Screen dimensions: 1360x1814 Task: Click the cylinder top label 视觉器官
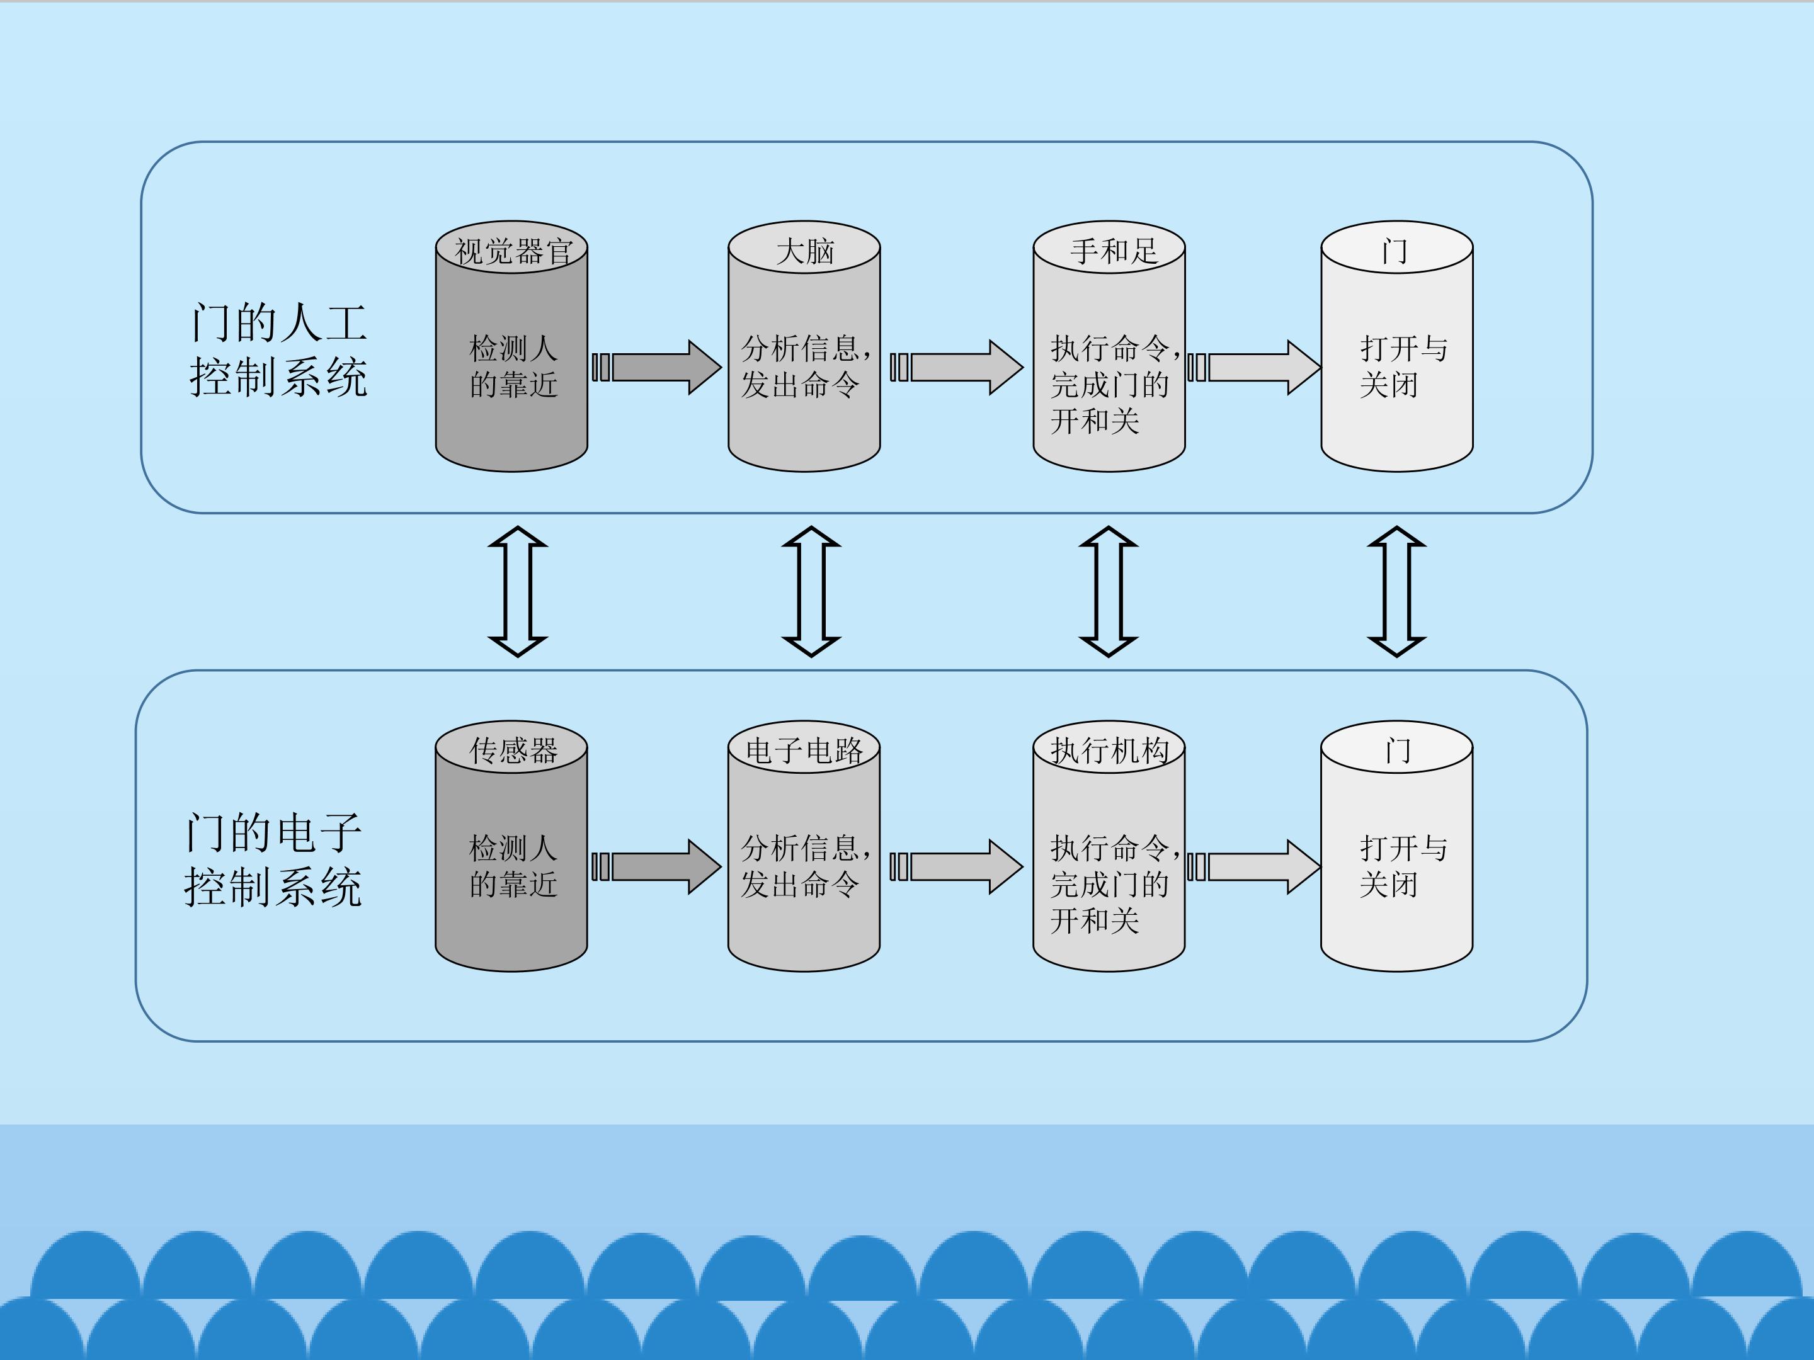pyautogui.click(x=513, y=251)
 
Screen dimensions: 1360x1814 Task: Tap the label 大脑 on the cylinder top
pyautogui.click(x=804, y=251)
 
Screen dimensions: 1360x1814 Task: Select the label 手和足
pyautogui.click(x=1112, y=251)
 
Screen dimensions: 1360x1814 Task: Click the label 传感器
pyautogui.click(x=513, y=750)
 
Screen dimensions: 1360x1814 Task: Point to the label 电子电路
pyautogui.click(x=804, y=750)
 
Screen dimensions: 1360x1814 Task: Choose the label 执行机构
pyautogui.click(x=1109, y=750)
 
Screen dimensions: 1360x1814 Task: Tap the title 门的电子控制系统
pyautogui.click(x=273, y=860)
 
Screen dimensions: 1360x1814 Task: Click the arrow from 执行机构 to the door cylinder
pyautogui.click(x=1255, y=866)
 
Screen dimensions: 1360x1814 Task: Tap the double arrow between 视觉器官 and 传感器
pyautogui.click(x=518, y=591)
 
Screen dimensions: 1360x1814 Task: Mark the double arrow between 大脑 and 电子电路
pyautogui.click(x=811, y=591)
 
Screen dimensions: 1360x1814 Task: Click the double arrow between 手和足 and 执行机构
pyautogui.click(x=1108, y=591)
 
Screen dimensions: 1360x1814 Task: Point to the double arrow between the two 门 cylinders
pyautogui.click(x=1396, y=591)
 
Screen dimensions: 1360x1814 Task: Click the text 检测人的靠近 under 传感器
pyautogui.click(x=513, y=866)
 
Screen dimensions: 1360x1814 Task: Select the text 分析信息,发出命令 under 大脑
pyautogui.click(x=804, y=366)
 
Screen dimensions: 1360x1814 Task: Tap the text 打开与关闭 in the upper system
pyautogui.click(x=1402, y=366)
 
